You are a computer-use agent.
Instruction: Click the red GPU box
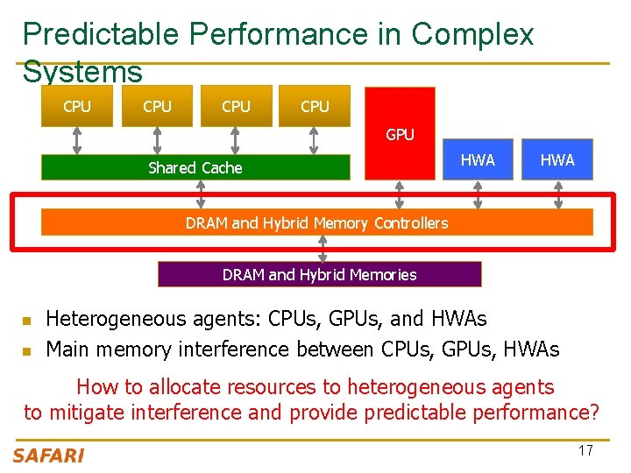click(400, 134)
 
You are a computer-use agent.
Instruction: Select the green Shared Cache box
click(195, 167)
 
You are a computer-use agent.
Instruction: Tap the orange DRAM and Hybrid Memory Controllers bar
click(316, 222)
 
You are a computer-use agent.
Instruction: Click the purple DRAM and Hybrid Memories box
click(319, 274)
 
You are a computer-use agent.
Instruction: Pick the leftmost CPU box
click(77, 106)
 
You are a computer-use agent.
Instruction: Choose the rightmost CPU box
click(315, 106)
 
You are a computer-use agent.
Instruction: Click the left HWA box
click(478, 159)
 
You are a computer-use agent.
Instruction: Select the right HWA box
click(557, 159)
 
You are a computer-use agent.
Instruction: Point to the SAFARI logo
click(49, 455)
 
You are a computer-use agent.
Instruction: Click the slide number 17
click(585, 450)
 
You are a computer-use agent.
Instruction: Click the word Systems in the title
click(82, 72)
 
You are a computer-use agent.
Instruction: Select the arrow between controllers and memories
click(323, 249)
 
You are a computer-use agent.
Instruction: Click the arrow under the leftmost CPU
click(77, 140)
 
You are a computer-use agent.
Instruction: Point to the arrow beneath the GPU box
click(400, 194)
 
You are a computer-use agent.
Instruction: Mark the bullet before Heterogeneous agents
click(26, 320)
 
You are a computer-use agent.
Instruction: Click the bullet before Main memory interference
click(26, 350)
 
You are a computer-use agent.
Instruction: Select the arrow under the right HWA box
click(558, 194)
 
